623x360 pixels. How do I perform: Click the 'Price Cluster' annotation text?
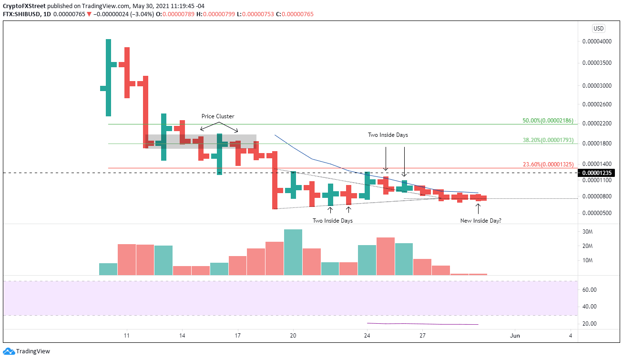tap(218, 116)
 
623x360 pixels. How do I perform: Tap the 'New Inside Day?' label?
tap(480, 221)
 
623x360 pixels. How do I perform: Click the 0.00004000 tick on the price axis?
tap(597, 41)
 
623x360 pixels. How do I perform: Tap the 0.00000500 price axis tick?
tap(597, 213)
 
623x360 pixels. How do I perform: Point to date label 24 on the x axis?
tap(367, 335)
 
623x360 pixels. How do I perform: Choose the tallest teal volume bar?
tap(293, 252)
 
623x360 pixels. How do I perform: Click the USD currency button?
tap(599, 28)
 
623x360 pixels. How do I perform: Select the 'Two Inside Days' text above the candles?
tap(388, 135)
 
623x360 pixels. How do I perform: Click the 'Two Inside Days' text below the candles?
tap(333, 221)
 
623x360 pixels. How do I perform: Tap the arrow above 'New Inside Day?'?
tap(478, 207)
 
